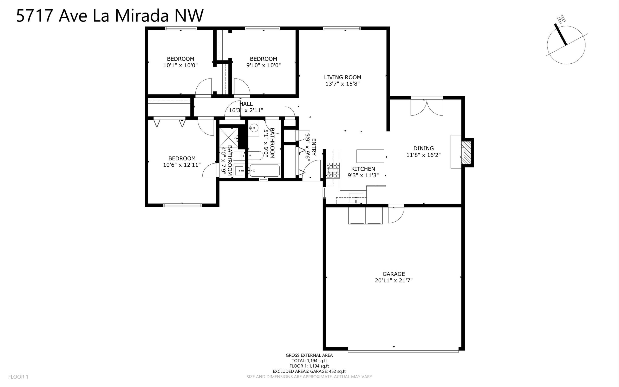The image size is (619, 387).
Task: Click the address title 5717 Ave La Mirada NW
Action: click(110, 16)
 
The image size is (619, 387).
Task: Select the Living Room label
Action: click(342, 77)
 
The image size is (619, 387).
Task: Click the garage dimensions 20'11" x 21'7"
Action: click(393, 280)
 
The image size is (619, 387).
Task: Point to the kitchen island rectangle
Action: click(370, 156)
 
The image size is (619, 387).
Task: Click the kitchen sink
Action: click(356, 198)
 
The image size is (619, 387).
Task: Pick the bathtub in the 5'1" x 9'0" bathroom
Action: click(264, 170)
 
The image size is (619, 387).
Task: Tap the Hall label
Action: click(246, 104)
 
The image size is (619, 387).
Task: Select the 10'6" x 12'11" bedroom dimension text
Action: click(182, 165)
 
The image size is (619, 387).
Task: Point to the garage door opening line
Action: click(403, 352)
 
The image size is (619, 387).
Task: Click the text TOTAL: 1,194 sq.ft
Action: click(309, 361)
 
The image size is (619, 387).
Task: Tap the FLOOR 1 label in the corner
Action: click(18, 377)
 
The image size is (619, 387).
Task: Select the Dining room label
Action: click(423, 148)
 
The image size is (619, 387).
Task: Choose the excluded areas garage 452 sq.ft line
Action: click(309, 371)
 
